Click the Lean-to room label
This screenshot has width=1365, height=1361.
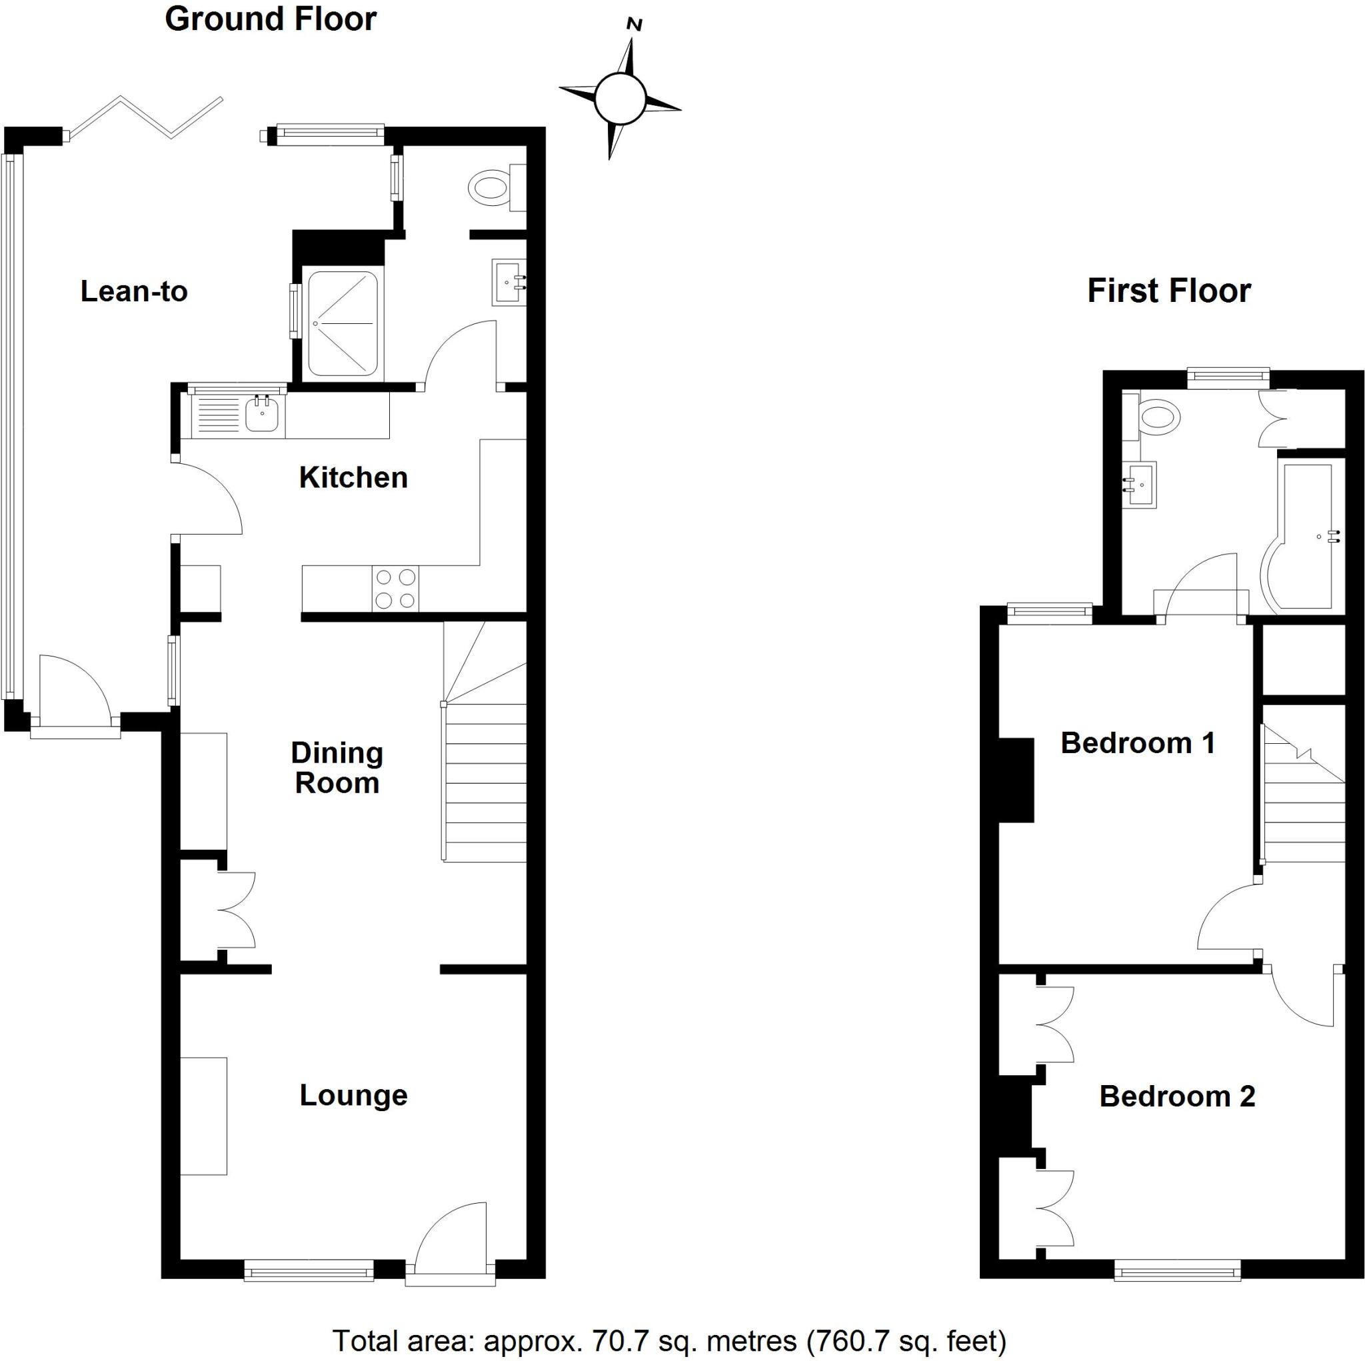133,291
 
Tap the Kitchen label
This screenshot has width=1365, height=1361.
353,478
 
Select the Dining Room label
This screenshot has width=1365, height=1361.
337,768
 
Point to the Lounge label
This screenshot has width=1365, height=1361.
353,1095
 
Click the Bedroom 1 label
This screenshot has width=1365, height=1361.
1138,742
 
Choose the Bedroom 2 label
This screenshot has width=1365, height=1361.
1177,1096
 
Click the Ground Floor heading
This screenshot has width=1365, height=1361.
271,19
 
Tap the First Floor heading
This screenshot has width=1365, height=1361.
1169,291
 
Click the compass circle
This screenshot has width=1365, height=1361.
620,98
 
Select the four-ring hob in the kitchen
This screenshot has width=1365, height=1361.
396,589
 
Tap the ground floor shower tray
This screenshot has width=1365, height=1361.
343,324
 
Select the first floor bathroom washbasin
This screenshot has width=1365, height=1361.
1140,485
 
